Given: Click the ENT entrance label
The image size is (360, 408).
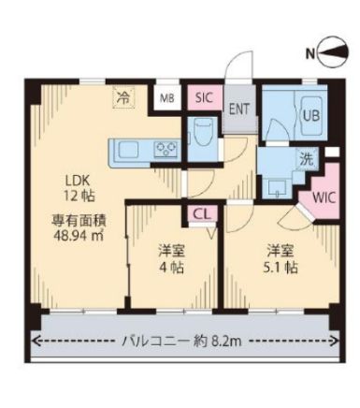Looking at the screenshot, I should [238, 108].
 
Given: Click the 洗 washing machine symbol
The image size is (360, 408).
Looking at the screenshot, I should [306, 160].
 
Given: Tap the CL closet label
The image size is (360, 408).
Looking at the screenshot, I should [201, 214].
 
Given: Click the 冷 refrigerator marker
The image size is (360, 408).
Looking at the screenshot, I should [122, 95].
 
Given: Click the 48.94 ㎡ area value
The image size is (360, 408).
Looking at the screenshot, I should [75, 236].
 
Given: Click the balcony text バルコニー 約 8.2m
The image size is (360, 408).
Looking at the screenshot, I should [182, 342].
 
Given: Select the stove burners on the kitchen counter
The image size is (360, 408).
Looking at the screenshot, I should [166, 148].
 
